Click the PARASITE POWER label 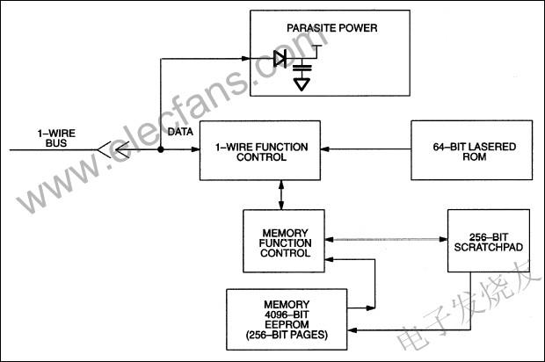point(331,28)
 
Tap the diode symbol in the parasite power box point(280,59)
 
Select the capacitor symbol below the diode point(302,67)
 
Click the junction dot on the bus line point(162,149)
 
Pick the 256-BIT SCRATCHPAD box point(488,242)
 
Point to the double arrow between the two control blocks point(281,195)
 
